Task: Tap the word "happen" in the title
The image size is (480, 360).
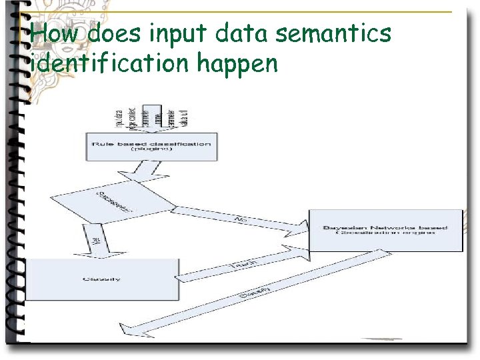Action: pos(235,65)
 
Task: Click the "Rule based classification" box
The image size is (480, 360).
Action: pos(151,147)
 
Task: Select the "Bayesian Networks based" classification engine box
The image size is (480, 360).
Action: pos(385,231)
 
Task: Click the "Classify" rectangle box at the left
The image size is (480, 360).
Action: pos(101,279)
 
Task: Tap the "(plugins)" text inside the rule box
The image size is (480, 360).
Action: pos(151,150)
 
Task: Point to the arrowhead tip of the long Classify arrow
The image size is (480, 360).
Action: pos(133,329)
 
